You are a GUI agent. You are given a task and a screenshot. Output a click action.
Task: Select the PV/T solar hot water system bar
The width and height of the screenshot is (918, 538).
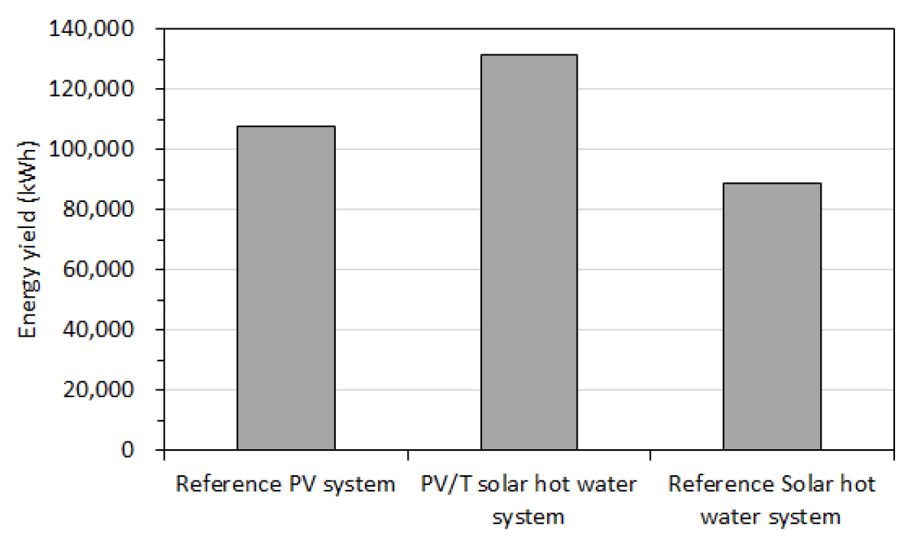pos(529,252)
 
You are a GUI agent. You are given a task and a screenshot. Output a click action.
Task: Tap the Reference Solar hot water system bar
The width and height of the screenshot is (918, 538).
pos(772,316)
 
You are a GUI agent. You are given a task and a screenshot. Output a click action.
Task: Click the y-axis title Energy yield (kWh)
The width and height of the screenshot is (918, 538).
pos(28,239)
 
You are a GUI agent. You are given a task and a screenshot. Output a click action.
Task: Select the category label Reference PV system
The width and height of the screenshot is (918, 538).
pos(285,484)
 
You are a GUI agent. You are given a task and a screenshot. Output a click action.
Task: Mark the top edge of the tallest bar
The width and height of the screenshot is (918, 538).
pos(529,55)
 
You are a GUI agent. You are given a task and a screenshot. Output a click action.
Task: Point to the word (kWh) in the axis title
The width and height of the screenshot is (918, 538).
pos(28,166)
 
